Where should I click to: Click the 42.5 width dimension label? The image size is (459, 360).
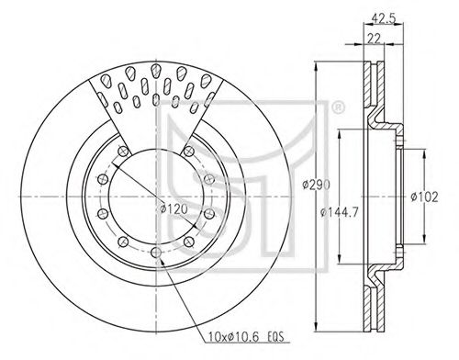(384, 18)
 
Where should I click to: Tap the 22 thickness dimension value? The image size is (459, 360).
(374, 39)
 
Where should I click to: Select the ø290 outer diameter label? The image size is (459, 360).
(316, 185)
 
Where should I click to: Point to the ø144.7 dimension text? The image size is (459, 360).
(339, 212)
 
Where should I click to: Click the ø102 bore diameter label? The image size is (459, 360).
(424, 197)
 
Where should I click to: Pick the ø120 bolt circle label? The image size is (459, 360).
(174, 209)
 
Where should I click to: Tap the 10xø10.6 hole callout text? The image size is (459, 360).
(233, 337)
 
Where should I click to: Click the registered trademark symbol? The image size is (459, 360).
(338, 108)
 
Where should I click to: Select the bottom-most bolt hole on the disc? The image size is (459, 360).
(156, 253)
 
